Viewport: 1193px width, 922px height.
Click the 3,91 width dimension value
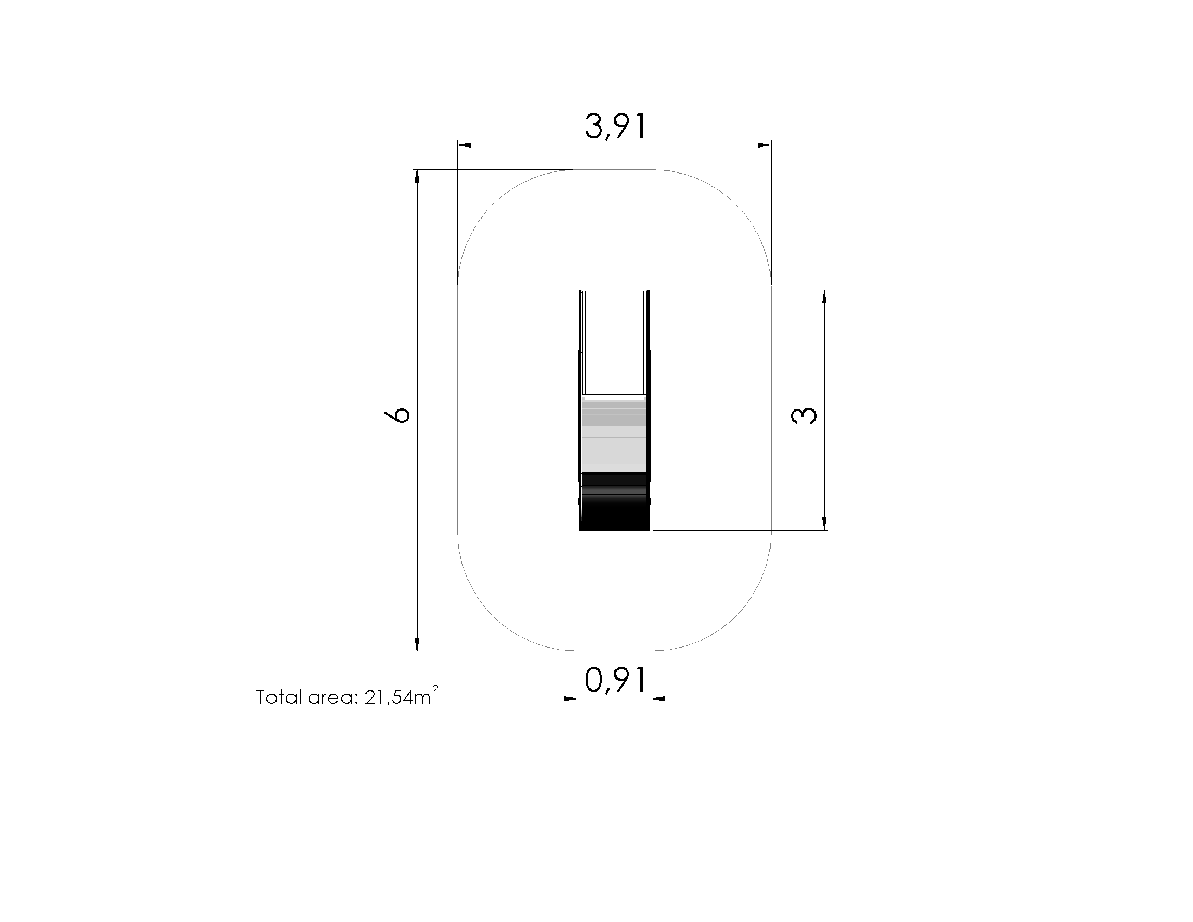pyautogui.click(x=615, y=127)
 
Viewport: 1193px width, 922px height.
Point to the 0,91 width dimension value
pyautogui.click(x=615, y=680)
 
